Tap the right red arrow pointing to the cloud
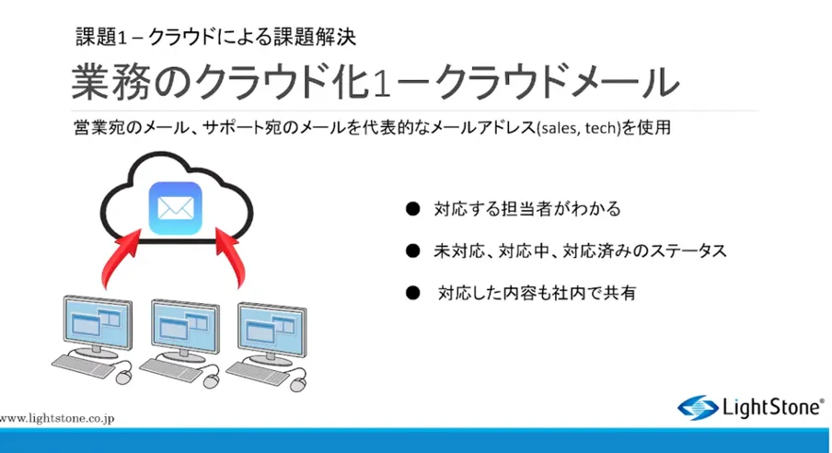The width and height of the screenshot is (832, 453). [x=238, y=260]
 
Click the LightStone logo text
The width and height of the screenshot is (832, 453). [x=772, y=406]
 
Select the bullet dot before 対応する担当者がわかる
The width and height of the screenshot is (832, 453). [x=412, y=209]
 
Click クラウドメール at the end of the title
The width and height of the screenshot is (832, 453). [x=558, y=82]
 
